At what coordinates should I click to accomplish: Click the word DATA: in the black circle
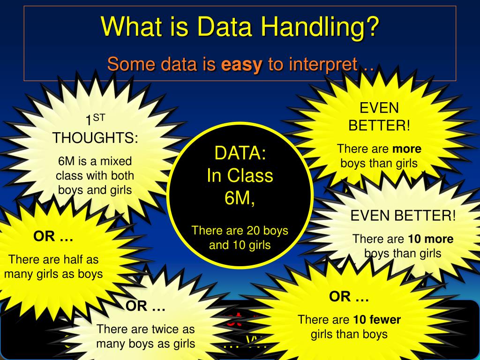pos(240,153)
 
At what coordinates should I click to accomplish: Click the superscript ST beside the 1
pos(98,117)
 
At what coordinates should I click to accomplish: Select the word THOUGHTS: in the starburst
pos(95,138)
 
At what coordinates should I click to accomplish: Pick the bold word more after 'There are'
pos(407,149)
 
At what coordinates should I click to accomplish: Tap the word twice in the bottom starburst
pos(161,329)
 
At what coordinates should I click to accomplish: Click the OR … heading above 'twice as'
pos(146,307)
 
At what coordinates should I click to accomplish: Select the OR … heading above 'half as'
pos(53,237)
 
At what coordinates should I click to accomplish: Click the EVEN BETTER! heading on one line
pos(403,216)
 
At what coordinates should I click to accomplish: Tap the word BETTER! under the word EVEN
pos(379,126)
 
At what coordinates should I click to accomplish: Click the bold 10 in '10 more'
pos(414,239)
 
